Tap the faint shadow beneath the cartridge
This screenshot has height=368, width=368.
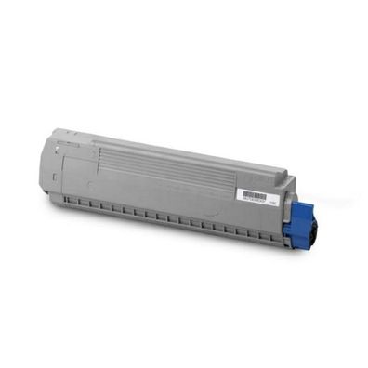[x=186, y=243]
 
